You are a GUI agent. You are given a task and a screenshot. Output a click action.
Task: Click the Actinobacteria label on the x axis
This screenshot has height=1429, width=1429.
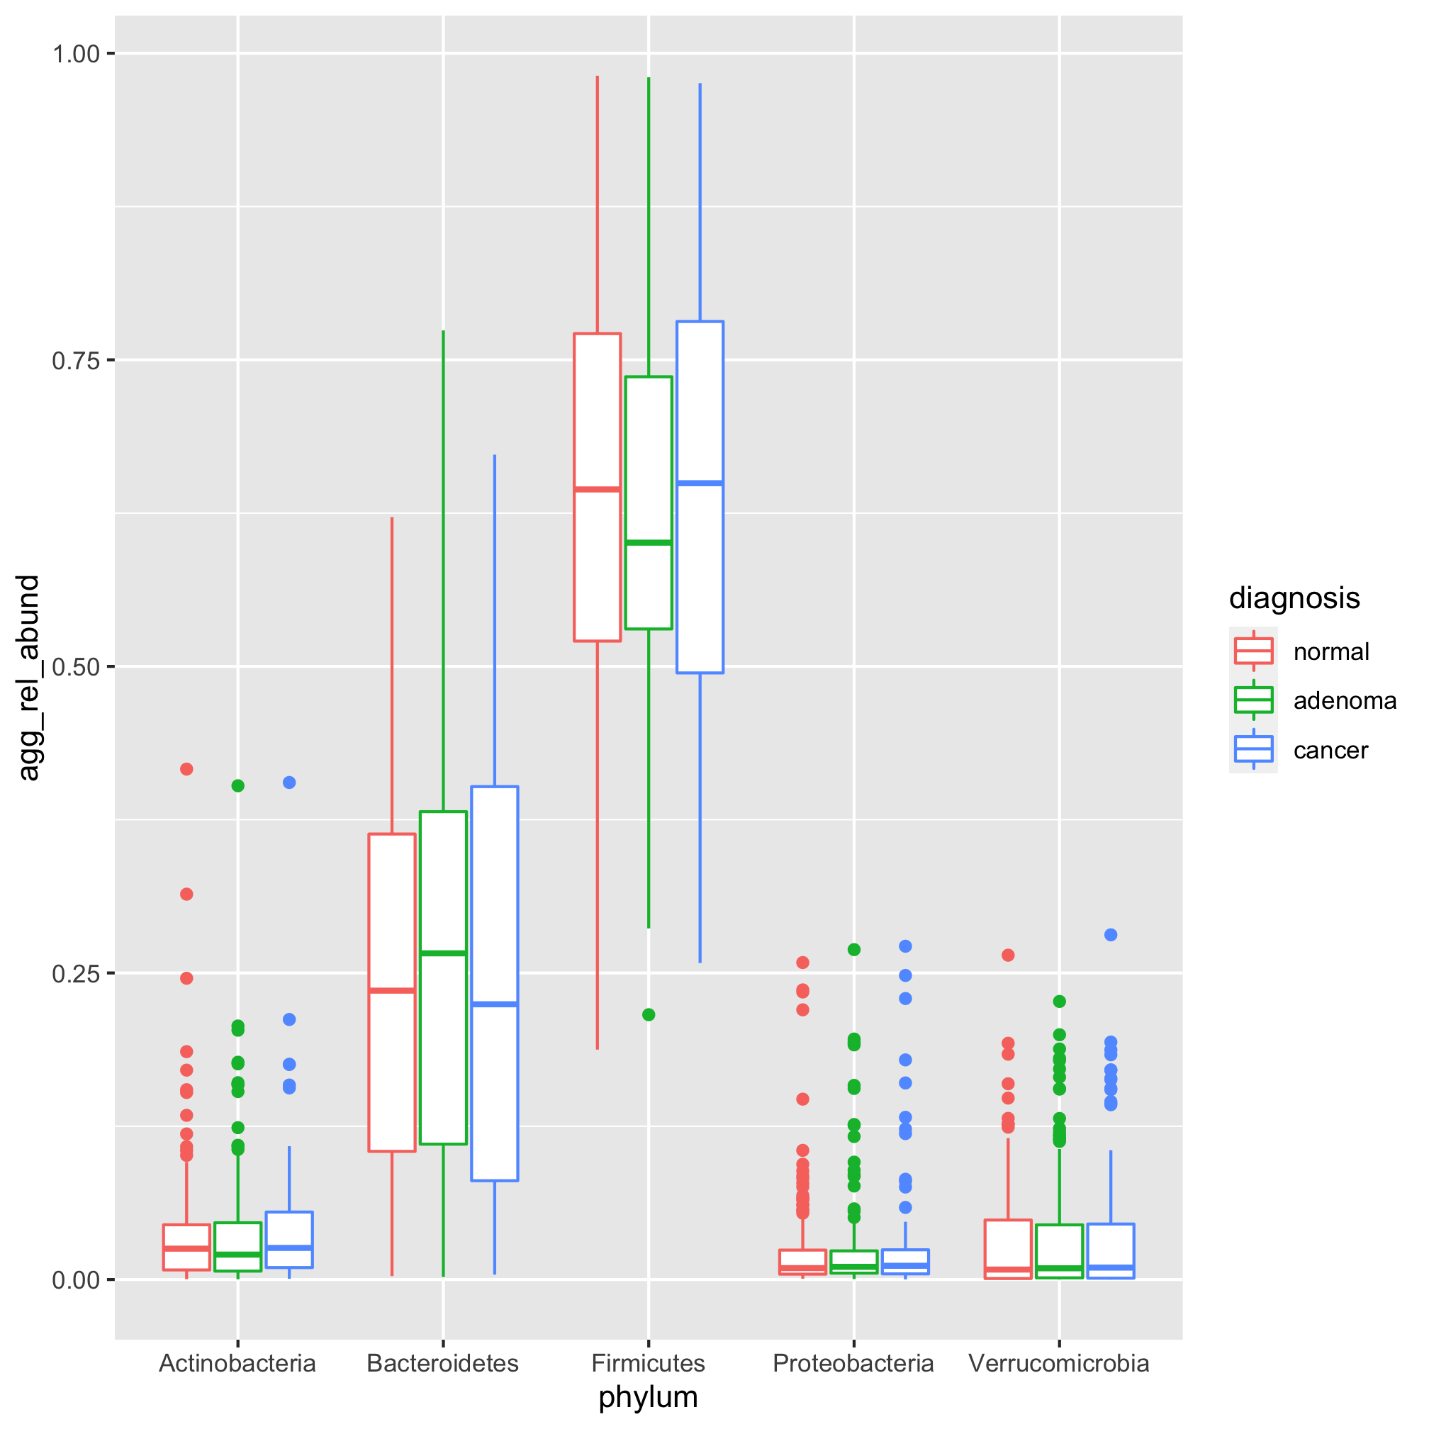click(237, 1363)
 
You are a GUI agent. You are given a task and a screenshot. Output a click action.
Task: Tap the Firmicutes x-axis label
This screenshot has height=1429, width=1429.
click(648, 1363)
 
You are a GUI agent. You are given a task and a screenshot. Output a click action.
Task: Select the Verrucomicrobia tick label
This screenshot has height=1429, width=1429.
click(1058, 1363)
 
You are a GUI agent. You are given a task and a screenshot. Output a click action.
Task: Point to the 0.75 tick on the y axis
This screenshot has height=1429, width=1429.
click(74, 360)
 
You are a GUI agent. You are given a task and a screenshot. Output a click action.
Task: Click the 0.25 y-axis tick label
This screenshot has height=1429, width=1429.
click(74, 973)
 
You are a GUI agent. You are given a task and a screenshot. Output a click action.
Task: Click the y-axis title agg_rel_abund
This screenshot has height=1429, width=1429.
click(28, 678)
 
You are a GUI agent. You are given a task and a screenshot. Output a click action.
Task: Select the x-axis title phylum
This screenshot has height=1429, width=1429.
click(648, 1397)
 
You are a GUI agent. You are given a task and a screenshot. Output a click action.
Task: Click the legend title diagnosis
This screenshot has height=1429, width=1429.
click(1294, 598)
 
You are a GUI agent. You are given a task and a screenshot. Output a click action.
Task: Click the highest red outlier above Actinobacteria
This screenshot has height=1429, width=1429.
click(186, 769)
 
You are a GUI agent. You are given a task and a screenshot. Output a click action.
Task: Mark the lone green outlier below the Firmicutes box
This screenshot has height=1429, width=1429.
click(649, 1015)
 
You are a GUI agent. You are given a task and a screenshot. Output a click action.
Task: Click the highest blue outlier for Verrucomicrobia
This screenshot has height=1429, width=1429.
click(1110, 935)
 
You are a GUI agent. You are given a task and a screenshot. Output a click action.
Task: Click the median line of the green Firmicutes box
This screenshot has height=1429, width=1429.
click(649, 543)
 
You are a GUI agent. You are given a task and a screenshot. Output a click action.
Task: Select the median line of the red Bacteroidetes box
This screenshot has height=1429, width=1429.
click(392, 990)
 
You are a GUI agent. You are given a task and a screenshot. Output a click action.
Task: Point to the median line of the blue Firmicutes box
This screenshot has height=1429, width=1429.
click(700, 483)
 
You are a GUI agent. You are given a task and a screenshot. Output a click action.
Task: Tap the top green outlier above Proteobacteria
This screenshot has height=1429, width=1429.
click(853, 950)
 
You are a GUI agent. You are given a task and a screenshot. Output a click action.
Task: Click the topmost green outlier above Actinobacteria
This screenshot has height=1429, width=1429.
click(237, 786)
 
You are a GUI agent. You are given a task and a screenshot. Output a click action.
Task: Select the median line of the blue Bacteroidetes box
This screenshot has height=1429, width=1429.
click(494, 1004)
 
